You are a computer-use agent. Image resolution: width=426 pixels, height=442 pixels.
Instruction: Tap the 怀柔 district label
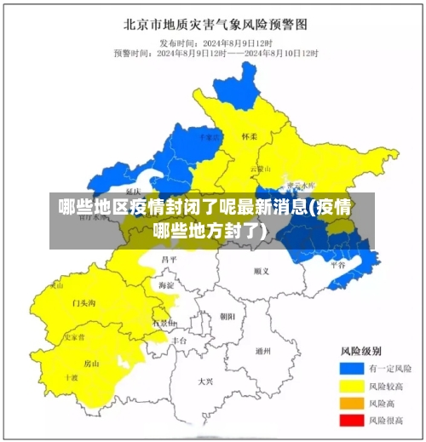click(249, 135)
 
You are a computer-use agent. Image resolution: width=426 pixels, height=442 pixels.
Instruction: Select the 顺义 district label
click(261, 271)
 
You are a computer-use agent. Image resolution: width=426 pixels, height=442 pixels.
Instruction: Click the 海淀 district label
click(166, 285)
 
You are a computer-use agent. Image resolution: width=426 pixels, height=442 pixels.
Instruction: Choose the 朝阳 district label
click(227, 316)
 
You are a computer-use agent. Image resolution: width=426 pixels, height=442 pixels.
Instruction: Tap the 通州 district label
click(263, 350)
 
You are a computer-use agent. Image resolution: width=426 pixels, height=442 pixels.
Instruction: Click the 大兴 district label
click(204, 381)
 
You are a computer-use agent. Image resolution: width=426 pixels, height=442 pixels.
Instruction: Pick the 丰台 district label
click(179, 339)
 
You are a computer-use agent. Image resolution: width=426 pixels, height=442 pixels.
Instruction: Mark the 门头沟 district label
click(83, 302)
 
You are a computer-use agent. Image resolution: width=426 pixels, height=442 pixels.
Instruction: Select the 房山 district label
click(91, 364)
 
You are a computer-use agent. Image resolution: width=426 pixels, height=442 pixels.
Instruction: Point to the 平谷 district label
click(337, 265)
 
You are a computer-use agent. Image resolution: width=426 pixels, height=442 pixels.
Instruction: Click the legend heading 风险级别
click(360, 351)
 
